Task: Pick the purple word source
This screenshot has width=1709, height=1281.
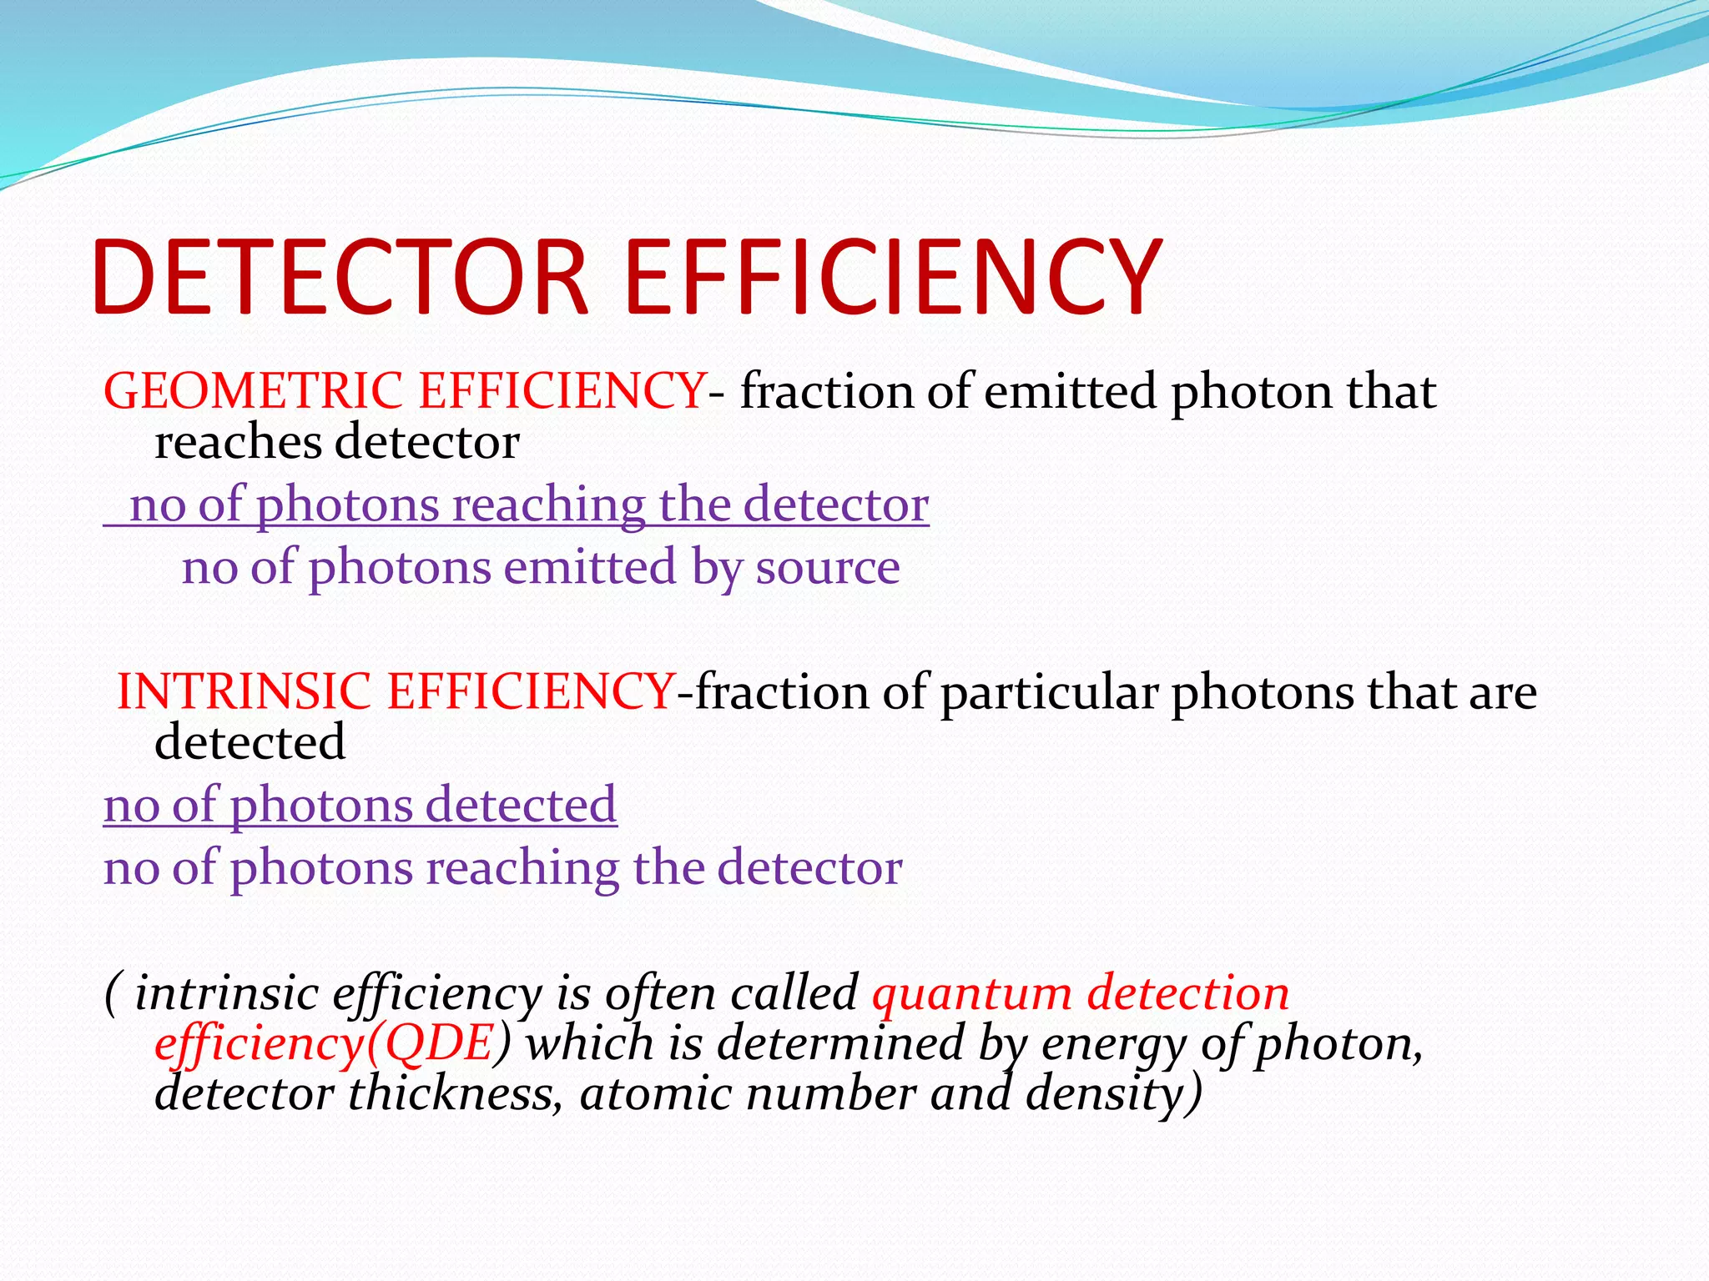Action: tap(828, 568)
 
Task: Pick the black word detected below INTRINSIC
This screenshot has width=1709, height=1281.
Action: tap(250, 741)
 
